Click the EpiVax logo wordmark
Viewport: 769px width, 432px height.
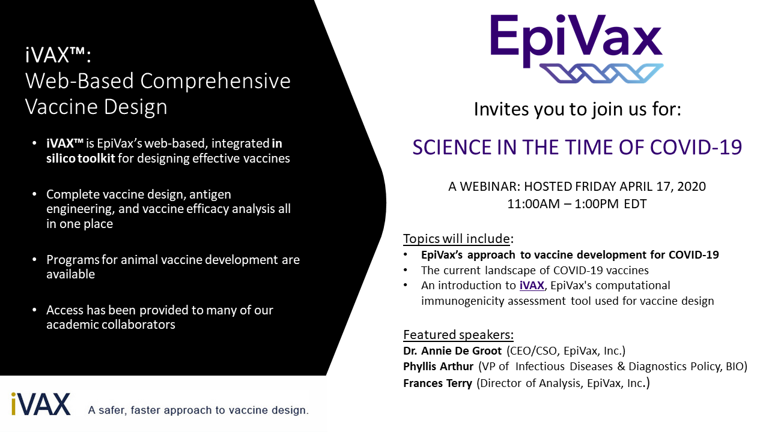click(x=576, y=40)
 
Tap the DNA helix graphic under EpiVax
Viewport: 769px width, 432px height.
click(x=601, y=73)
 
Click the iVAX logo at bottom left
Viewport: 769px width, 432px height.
click(x=40, y=404)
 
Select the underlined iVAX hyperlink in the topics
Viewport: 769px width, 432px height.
click(x=532, y=286)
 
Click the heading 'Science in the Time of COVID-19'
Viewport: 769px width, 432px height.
click(x=577, y=148)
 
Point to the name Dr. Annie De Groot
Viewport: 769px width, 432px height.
click(x=452, y=351)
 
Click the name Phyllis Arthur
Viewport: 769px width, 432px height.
click(x=438, y=367)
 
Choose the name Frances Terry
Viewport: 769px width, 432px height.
click(x=437, y=383)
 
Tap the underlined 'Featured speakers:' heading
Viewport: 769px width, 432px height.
click(x=458, y=335)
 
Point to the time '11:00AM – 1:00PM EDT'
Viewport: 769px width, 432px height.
click(x=577, y=204)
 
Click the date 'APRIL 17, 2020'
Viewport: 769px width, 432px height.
click(x=663, y=187)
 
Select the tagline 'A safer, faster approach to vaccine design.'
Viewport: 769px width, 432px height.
click(x=198, y=410)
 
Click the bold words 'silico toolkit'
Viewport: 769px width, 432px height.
click(x=81, y=158)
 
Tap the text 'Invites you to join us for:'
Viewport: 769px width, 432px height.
click(x=577, y=109)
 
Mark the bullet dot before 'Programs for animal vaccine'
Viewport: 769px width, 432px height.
click(x=34, y=260)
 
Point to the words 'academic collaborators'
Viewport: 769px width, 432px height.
click(x=111, y=325)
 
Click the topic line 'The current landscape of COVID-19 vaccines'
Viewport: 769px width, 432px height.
click(x=535, y=271)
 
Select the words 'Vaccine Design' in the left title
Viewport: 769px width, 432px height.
click(x=96, y=107)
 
